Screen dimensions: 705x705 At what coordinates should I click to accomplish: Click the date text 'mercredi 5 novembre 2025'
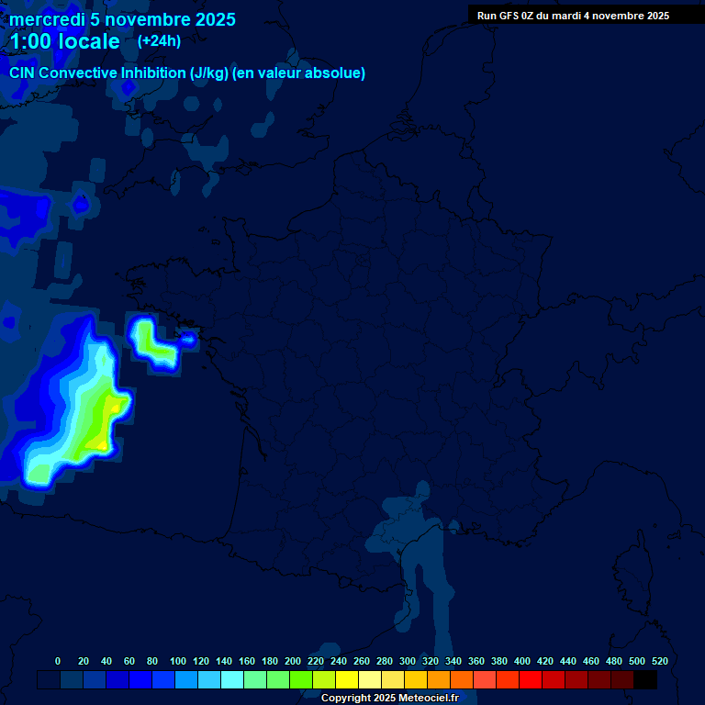tap(122, 19)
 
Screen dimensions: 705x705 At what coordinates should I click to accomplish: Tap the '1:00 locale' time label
tap(64, 41)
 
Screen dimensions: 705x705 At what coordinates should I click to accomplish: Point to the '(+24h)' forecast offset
tap(159, 40)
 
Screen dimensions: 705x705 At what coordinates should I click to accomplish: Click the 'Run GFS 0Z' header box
tap(573, 15)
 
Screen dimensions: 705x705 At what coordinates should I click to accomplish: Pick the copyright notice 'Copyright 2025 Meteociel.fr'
tap(389, 698)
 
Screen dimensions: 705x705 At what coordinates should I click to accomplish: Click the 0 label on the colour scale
tap(58, 661)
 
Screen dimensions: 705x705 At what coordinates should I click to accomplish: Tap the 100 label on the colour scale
tap(178, 661)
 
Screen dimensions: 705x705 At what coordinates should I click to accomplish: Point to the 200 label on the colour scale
tap(293, 661)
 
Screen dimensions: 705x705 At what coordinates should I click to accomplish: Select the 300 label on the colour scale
tap(408, 661)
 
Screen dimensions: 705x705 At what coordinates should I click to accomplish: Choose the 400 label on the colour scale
tap(522, 661)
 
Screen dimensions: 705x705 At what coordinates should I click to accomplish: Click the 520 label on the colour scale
tap(659, 661)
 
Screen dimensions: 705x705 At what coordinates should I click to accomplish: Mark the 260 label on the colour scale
tap(362, 661)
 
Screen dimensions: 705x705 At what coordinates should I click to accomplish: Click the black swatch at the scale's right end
tap(645, 679)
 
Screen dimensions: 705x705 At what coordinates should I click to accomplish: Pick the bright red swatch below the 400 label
tap(531, 679)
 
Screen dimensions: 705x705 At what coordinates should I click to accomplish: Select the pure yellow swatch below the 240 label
tap(347, 679)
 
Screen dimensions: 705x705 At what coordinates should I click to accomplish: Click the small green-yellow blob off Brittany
tap(147, 339)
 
